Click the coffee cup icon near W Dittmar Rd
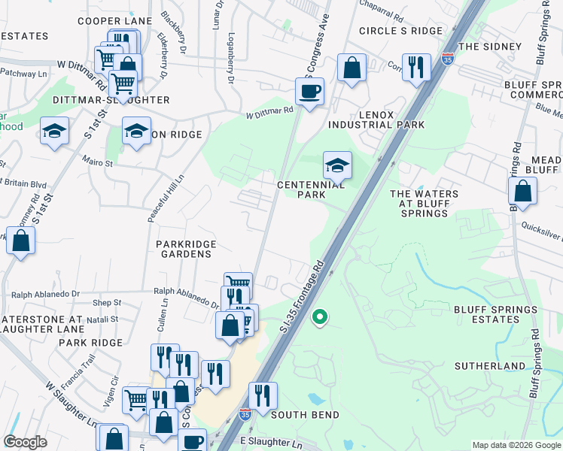pos(309,92)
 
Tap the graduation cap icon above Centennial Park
pos(337,165)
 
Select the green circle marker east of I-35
pos(320,317)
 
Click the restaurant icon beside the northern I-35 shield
pos(415,67)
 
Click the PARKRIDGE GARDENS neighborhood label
pos(186,250)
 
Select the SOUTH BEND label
pos(305,415)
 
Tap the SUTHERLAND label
pos(489,366)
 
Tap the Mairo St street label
pos(98,162)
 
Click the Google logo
pos(26,442)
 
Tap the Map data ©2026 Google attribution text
pos(516,445)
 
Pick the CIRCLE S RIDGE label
pos(400,31)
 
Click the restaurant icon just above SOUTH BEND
pos(263,395)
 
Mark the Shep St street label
pos(108,303)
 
